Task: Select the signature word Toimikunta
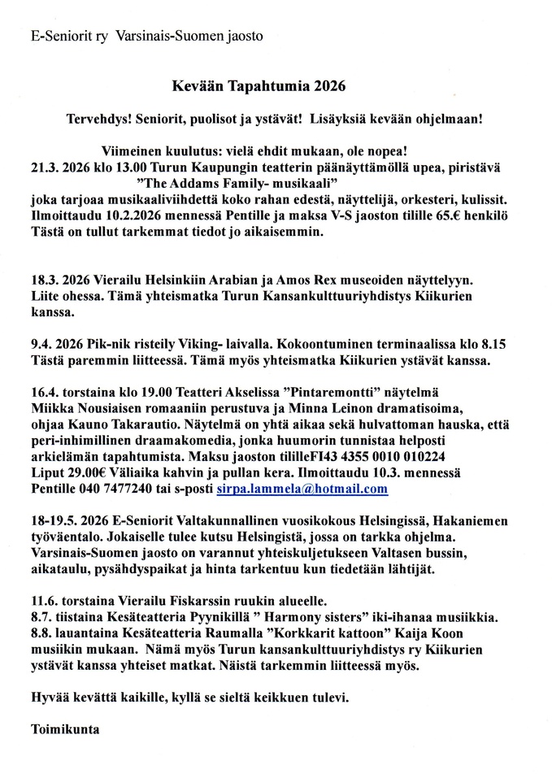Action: pyautogui.click(x=63, y=729)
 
